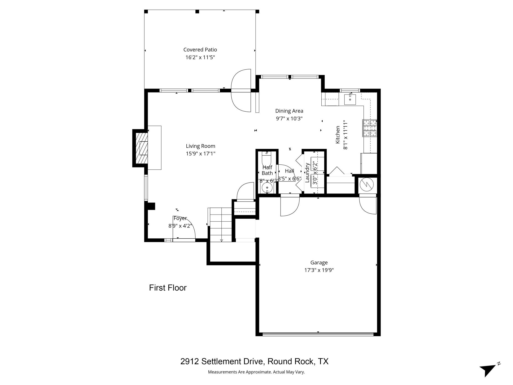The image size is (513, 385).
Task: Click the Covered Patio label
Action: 200,50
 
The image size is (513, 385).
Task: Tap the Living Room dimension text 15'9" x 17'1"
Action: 200,153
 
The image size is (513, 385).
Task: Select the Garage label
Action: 319,262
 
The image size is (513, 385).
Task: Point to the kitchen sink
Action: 350,100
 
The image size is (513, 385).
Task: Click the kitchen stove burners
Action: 370,128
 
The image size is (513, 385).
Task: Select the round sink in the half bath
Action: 267,187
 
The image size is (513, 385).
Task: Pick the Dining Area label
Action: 289,111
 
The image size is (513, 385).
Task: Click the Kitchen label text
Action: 338,135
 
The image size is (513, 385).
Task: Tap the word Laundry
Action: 307,173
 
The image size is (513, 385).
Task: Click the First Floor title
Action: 168,288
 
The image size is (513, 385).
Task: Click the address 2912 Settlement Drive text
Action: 254,361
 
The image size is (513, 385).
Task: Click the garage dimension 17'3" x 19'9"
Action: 319,270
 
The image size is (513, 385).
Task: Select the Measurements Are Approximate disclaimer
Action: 256,372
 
